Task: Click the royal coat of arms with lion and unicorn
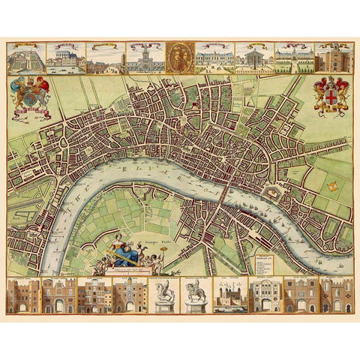31,96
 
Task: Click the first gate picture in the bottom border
22,296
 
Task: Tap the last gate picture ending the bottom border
337,296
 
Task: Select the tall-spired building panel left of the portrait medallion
145,57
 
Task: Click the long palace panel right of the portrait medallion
214,57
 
